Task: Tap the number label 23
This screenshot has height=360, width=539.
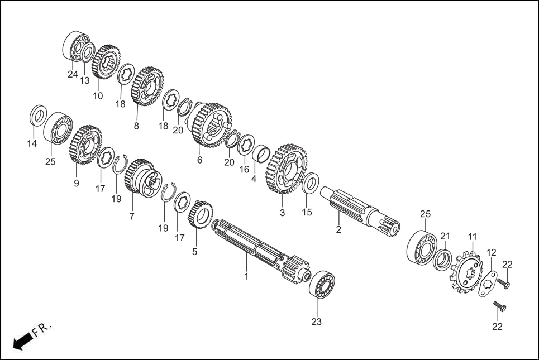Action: [317, 322]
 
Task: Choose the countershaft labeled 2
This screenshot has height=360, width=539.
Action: [357, 207]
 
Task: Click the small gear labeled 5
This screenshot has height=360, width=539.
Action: [201, 214]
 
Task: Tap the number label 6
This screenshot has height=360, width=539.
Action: [199, 160]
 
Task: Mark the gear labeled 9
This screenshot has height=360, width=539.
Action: [85, 146]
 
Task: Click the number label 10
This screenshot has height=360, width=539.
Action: [98, 95]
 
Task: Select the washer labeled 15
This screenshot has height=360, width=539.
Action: [311, 184]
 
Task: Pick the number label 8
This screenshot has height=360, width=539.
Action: [136, 126]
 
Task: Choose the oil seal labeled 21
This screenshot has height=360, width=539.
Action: [443, 260]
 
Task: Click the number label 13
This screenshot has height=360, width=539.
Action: [84, 80]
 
